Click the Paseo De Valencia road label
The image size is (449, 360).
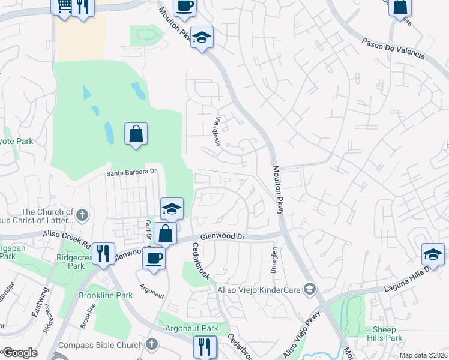pyautogui.click(x=393, y=49)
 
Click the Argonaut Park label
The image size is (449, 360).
pyautogui.click(x=193, y=329)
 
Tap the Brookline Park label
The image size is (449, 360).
pyautogui.click(x=106, y=296)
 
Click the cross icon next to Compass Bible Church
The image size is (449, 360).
pyautogui.click(x=152, y=345)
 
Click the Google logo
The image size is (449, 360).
pyautogui.click(x=20, y=353)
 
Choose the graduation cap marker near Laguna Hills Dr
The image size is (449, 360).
pyautogui.click(x=433, y=254)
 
